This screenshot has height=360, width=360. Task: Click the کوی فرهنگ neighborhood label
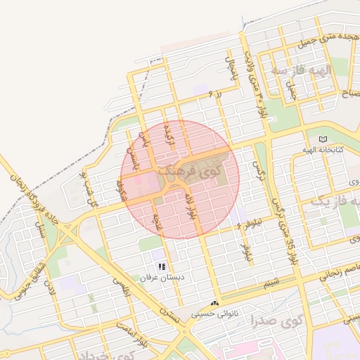click(x=188, y=169)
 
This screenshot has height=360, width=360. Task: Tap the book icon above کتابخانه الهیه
click(x=323, y=139)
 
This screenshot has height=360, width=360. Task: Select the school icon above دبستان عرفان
click(x=162, y=266)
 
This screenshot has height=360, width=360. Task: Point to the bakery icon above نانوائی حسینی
click(x=214, y=304)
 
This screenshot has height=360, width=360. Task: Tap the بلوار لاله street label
click(x=190, y=208)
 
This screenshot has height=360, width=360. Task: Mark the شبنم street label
click(x=271, y=283)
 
